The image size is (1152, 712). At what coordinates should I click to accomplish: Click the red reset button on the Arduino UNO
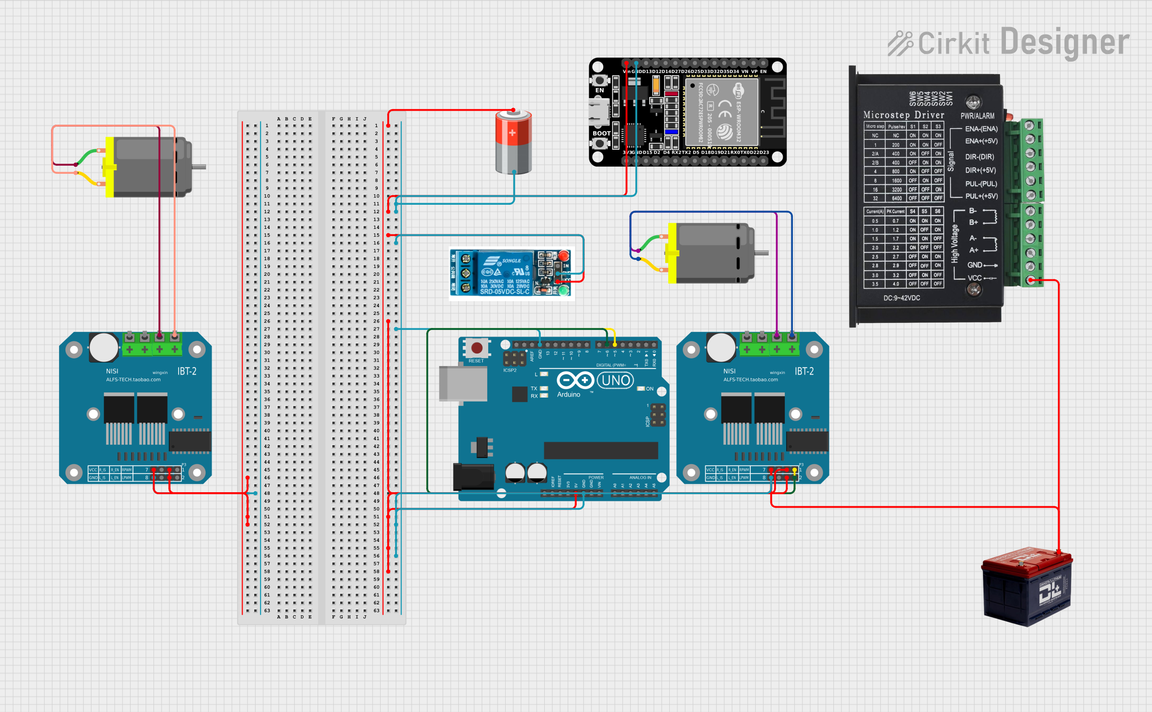(477, 347)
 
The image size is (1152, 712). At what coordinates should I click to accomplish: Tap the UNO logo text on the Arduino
(616, 381)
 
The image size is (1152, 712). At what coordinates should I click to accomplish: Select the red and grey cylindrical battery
(513, 143)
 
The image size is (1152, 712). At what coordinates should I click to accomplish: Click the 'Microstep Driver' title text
(903, 115)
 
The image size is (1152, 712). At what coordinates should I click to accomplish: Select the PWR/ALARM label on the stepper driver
(977, 116)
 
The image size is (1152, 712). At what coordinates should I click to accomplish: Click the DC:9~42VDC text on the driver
(901, 298)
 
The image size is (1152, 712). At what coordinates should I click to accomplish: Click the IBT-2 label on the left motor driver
(187, 372)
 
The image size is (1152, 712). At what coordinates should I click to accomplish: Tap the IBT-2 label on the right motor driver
(804, 372)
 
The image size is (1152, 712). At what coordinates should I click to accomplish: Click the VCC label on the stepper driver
(974, 278)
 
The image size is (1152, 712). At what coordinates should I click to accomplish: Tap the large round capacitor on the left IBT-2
(104, 346)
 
